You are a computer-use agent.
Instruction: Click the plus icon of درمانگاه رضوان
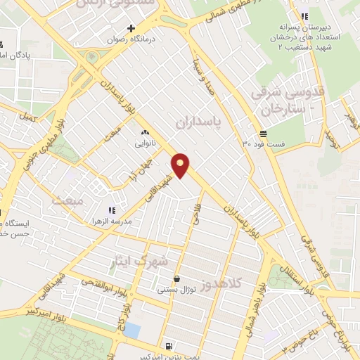point(131,27)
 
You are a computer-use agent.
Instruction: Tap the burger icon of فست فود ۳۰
point(262,132)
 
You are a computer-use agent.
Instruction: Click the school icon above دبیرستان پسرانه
point(304,16)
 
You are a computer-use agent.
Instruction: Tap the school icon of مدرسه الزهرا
point(110,210)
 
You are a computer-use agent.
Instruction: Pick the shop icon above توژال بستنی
point(176,278)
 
